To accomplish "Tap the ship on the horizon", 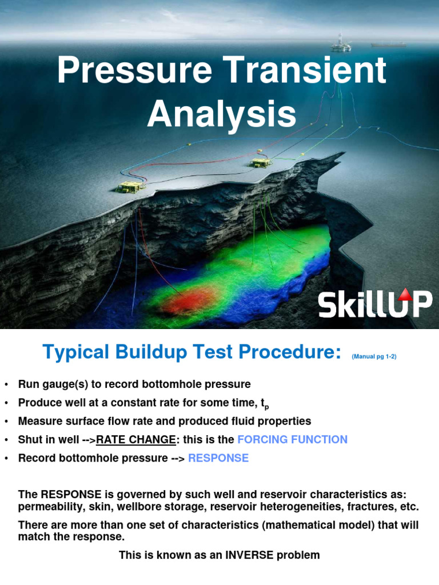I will [x=388, y=45].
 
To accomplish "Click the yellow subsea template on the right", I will [x=260, y=163].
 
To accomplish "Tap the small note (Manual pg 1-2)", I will [x=374, y=356].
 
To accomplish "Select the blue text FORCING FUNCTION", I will [x=292, y=439].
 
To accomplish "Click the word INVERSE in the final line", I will [x=234, y=555].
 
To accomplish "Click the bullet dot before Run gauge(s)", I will [x=6, y=384].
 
